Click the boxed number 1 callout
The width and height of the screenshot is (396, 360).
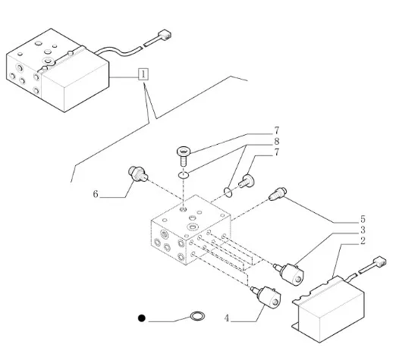pyautogui.click(x=143, y=74)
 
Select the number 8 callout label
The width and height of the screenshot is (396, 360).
pyautogui.click(x=277, y=142)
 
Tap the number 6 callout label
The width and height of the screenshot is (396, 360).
pyautogui.click(x=96, y=194)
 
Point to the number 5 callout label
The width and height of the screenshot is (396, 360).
pyautogui.click(x=363, y=219)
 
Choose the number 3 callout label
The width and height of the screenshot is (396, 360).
pyautogui.click(x=363, y=230)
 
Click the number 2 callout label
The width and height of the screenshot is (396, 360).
pyautogui.click(x=363, y=241)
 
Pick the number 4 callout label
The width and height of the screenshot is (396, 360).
pyautogui.click(x=227, y=318)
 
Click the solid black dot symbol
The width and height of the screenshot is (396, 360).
pyautogui.click(x=142, y=318)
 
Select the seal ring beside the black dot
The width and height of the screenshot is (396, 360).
pyautogui.click(x=197, y=316)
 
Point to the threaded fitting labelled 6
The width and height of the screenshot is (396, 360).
pyautogui.click(x=138, y=174)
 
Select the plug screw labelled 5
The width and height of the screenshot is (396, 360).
pyautogui.click(x=278, y=194)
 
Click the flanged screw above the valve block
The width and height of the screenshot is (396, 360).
pyautogui.click(x=183, y=156)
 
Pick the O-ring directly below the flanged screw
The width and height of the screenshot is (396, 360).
pyautogui.click(x=183, y=174)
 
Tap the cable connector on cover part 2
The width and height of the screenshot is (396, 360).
pyautogui.click(x=379, y=261)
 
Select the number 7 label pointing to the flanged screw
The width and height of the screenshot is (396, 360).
pyautogui.click(x=277, y=130)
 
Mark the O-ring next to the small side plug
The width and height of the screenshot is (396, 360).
pyautogui.click(x=228, y=192)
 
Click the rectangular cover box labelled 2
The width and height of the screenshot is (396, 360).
pyautogui.click(x=328, y=309)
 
